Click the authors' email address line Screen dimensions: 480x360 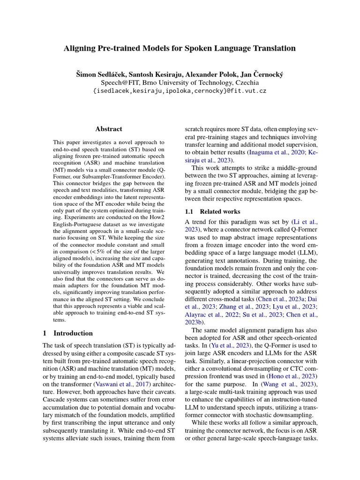(180, 90)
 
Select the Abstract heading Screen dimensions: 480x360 (109, 129)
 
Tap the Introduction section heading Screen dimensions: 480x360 (73, 333)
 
